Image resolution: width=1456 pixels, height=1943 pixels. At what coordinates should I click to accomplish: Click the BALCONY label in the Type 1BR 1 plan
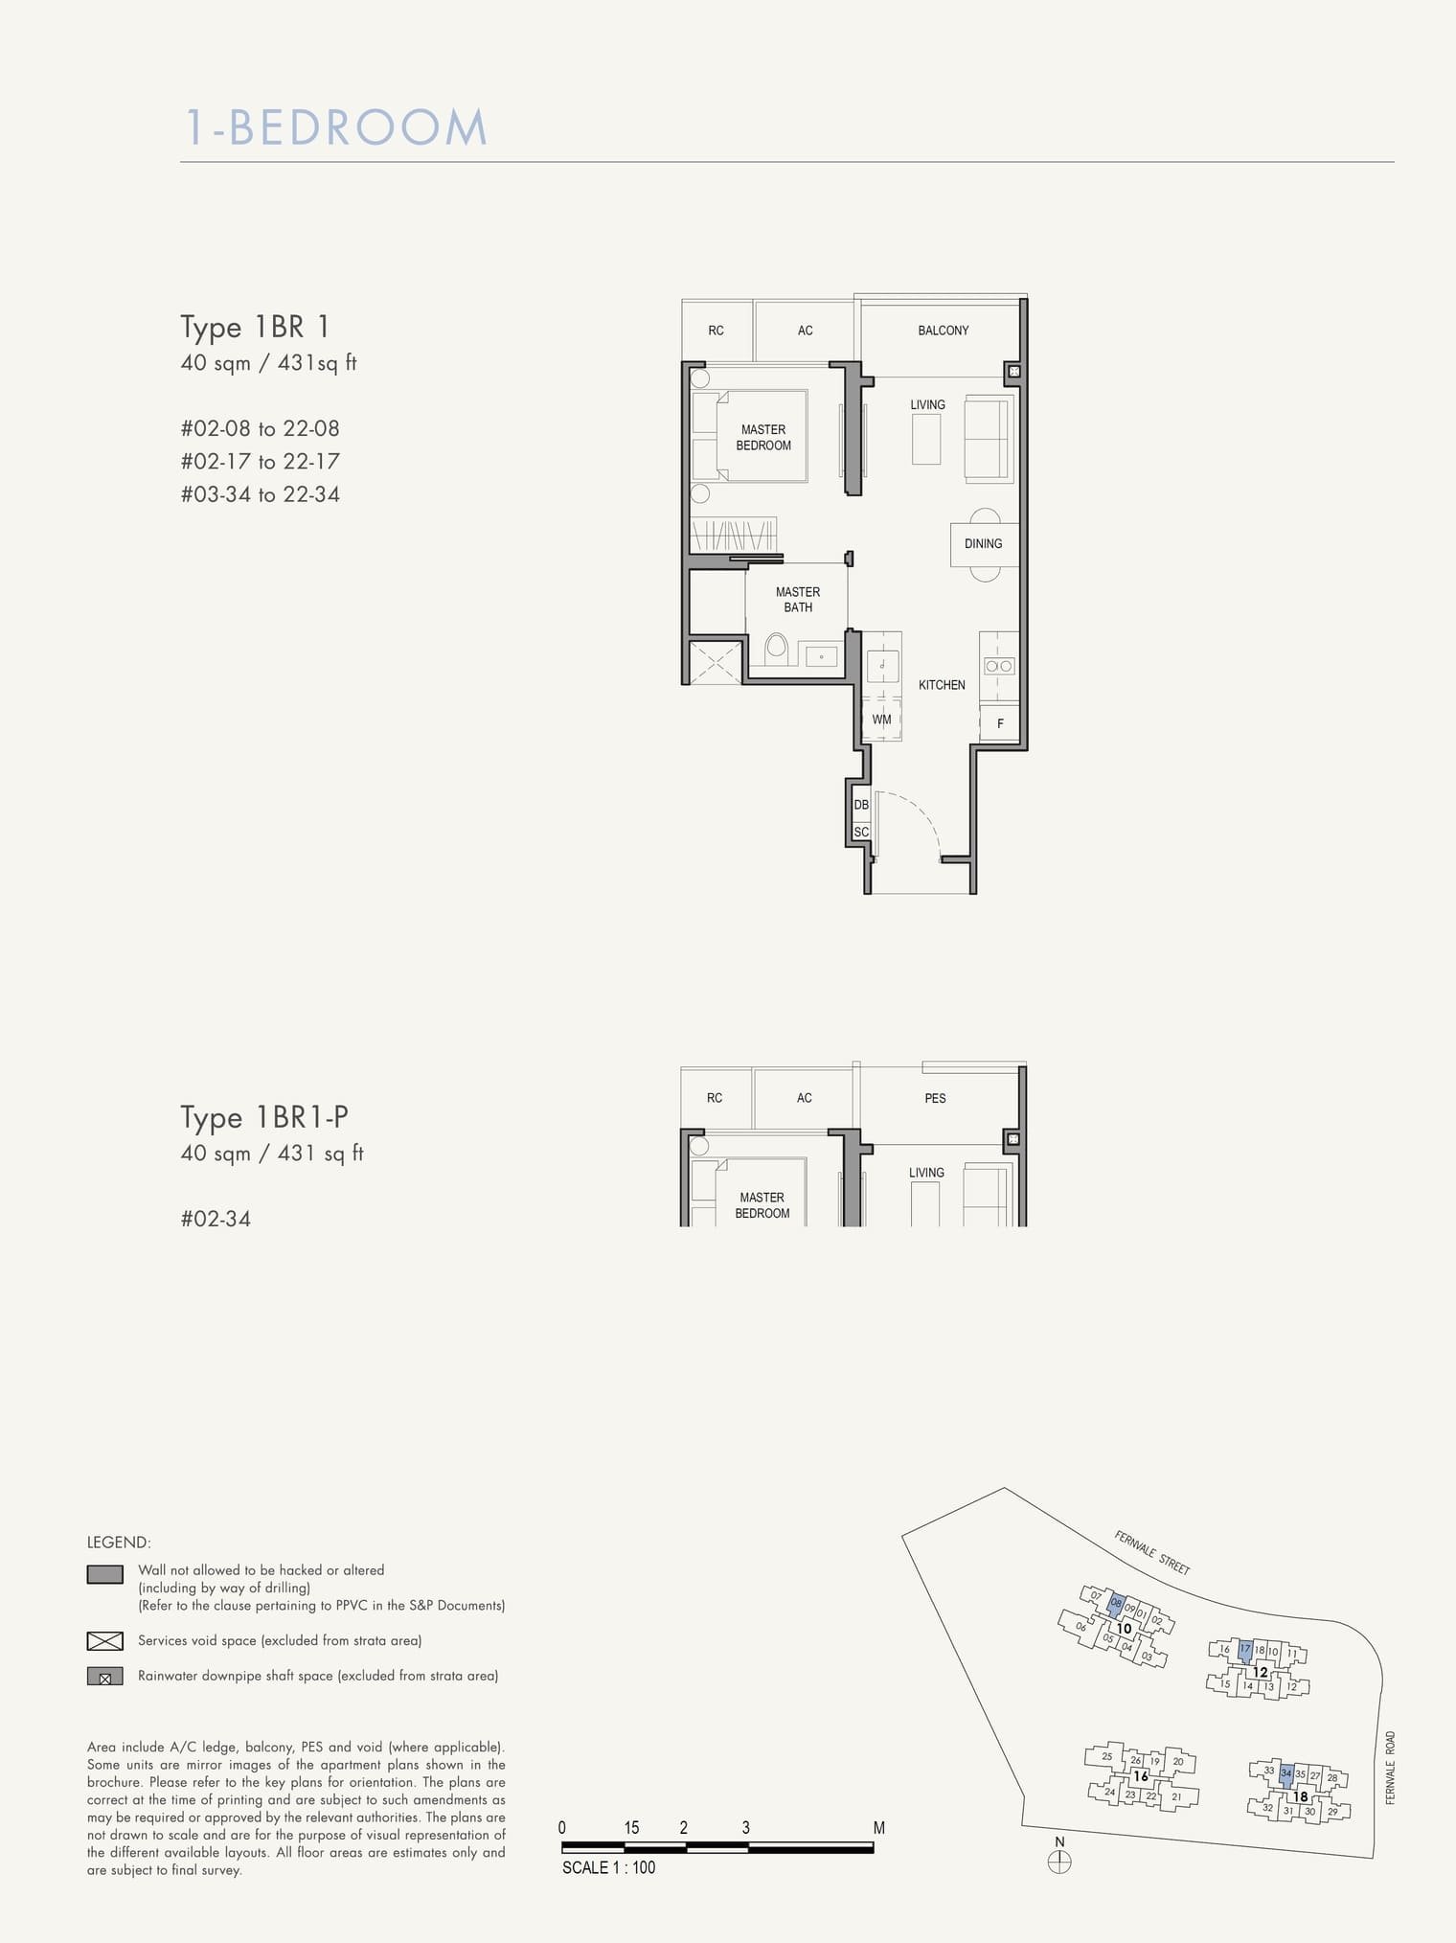click(x=943, y=331)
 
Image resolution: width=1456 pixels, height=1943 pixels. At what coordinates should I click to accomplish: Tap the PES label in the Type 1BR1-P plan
click(x=935, y=1098)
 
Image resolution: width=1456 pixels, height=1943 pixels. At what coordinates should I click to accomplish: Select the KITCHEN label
click(x=942, y=685)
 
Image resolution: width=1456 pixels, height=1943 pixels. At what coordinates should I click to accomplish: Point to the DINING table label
click(x=983, y=544)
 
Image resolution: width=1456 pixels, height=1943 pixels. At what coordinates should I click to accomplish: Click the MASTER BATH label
click(x=798, y=600)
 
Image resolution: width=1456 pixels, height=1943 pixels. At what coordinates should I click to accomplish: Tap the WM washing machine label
click(x=881, y=720)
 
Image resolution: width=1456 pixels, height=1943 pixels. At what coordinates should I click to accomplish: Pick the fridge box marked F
click(x=1000, y=723)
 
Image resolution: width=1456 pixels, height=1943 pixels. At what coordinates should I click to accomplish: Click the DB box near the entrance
click(x=861, y=805)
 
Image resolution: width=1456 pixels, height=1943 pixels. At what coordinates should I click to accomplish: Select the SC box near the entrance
click(x=861, y=832)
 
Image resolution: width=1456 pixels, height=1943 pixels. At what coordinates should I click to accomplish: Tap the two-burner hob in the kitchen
click(x=999, y=666)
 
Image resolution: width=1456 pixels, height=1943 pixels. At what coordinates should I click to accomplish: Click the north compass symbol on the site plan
click(x=1059, y=1863)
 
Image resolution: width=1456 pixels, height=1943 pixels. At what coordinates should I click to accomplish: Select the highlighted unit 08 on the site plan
click(x=1116, y=1604)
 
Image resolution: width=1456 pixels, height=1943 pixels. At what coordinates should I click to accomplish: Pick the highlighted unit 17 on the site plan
click(x=1244, y=1650)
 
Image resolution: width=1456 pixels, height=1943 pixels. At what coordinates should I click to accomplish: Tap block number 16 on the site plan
click(x=1140, y=1775)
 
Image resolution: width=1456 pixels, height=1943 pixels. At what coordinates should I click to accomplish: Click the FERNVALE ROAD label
click(x=1390, y=1768)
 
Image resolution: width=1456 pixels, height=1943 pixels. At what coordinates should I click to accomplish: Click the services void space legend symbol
click(x=104, y=1641)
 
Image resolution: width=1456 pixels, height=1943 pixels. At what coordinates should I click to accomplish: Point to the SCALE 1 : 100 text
click(x=608, y=1867)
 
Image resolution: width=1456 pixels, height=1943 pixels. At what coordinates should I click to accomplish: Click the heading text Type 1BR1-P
click(x=264, y=1117)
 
